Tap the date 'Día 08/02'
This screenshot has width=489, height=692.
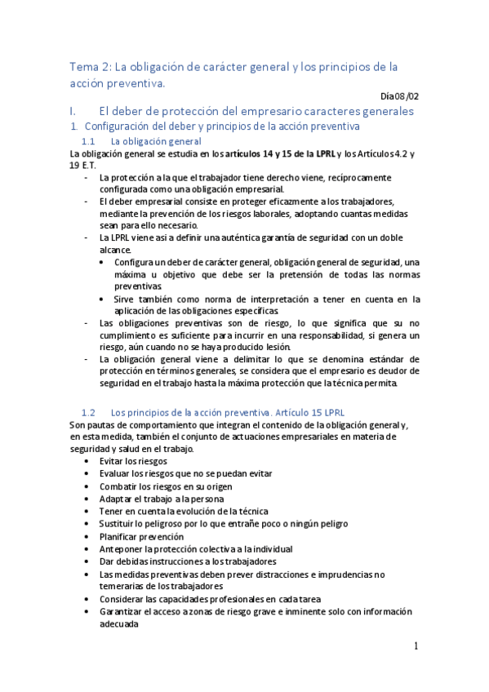400,96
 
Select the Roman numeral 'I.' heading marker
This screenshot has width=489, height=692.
73,111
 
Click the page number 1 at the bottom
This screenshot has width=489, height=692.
416,646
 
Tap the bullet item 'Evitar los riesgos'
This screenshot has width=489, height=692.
133,461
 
